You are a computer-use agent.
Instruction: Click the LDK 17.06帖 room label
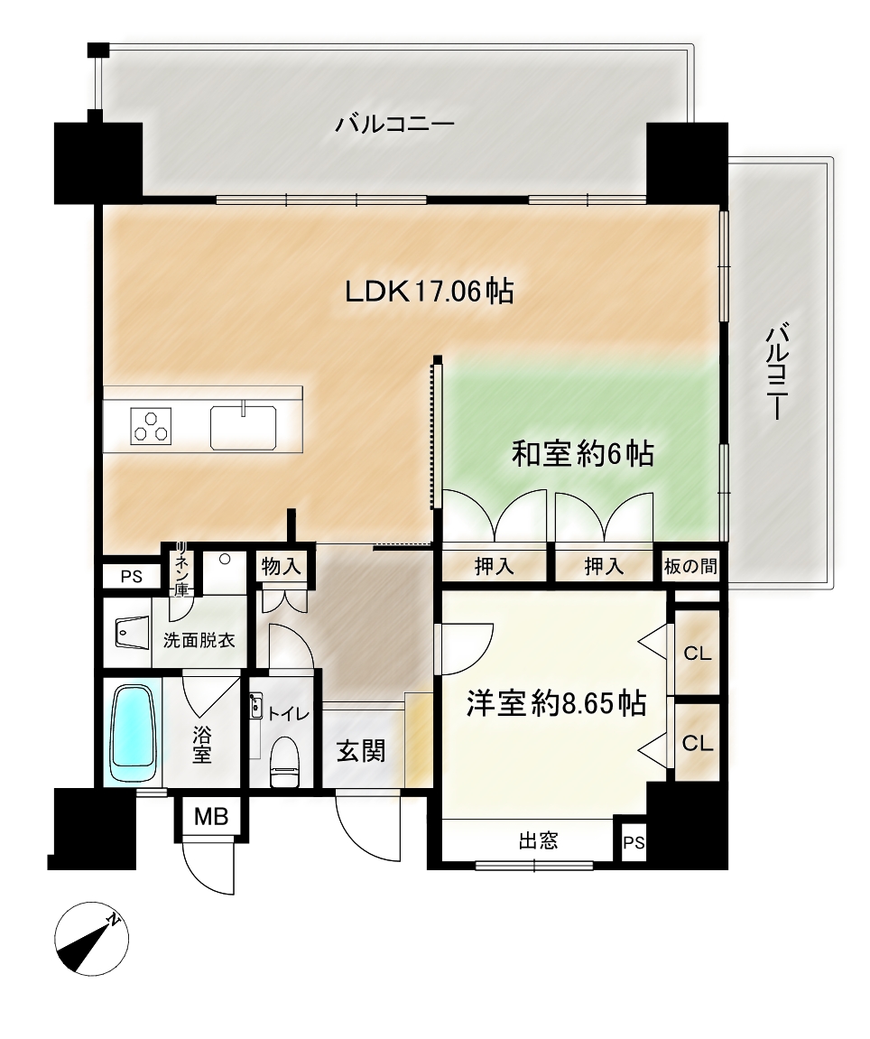pyautogui.click(x=430, y=292)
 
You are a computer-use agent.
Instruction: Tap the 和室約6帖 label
pyautogui.click(x=583, y=454)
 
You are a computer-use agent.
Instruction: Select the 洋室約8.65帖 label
pyautogui.click(x=557, y=703)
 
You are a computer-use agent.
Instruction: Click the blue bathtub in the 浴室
pyautogui.click(x=134, y=734)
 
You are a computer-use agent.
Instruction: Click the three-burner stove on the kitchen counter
pyautogui.click(x=152, y=425)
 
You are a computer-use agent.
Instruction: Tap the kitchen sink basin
pyautogui.click(x=243, y=427)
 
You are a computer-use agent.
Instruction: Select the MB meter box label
pyautogui.click(x=211, y=816)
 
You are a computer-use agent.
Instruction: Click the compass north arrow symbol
pyautogui.click(x=91, y=938)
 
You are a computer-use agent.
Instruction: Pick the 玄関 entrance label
pyautogui.click(x=361, y=751)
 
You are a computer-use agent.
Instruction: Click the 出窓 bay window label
pyautogui.click(x=538, y=841)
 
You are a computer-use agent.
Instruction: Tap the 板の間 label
pyautogui.click(x=690, y=567)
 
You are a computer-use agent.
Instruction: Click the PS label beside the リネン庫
pyautogui.click(x=131, y=577)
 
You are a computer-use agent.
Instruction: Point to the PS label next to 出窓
pyautogui.click(x=634, y=842)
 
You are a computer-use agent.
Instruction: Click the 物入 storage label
pyautogui.click(x=281, y=567)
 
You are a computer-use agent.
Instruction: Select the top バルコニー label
pyautogui.click(x=395, y=125)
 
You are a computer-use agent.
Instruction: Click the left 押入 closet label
pyautogui.click(x=495, y=567)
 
